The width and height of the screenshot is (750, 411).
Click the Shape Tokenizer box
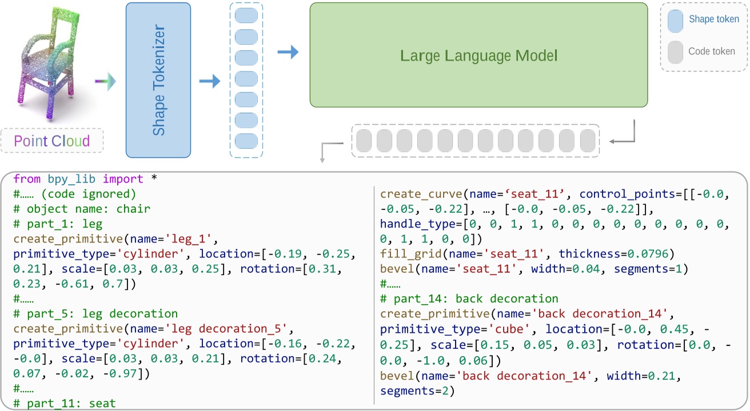tap(158, 80)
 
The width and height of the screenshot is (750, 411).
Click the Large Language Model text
tap(478, 56)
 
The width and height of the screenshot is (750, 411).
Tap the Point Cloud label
tap(52, 141)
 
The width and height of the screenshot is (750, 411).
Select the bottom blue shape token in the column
tap(246, 140)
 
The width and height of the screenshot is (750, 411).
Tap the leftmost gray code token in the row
tap(364, 141)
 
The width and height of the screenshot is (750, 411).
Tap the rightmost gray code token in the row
tap(588, 141)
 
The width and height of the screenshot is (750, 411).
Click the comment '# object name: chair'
tap(82, 209)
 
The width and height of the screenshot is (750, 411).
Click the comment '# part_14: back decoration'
tap(469, 299)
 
